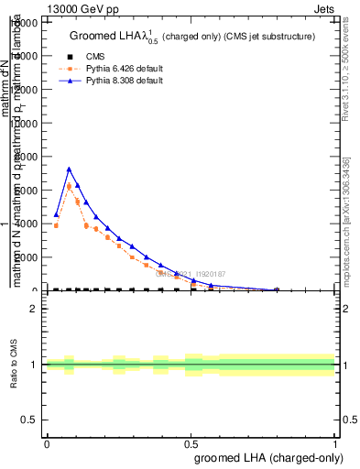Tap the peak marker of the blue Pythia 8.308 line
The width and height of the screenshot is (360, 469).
point(69,169)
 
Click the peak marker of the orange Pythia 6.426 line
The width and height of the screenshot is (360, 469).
point(69,186)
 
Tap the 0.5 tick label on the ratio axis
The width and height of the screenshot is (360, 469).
point(29,420)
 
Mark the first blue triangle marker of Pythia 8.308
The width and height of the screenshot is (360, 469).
point(56,214)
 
